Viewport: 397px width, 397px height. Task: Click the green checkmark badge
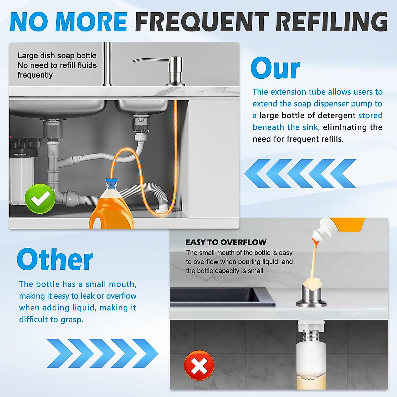coord(40,198)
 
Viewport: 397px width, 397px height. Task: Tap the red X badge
coord(199,366)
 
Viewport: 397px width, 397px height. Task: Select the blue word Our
coord(275,68)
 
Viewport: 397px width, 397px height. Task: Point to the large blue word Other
coord(55,260)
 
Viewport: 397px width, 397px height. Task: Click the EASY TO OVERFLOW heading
coord(226,242)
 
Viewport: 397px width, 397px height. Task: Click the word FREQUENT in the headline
coord(202,22)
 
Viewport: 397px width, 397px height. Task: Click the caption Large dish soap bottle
coord(57,56)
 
